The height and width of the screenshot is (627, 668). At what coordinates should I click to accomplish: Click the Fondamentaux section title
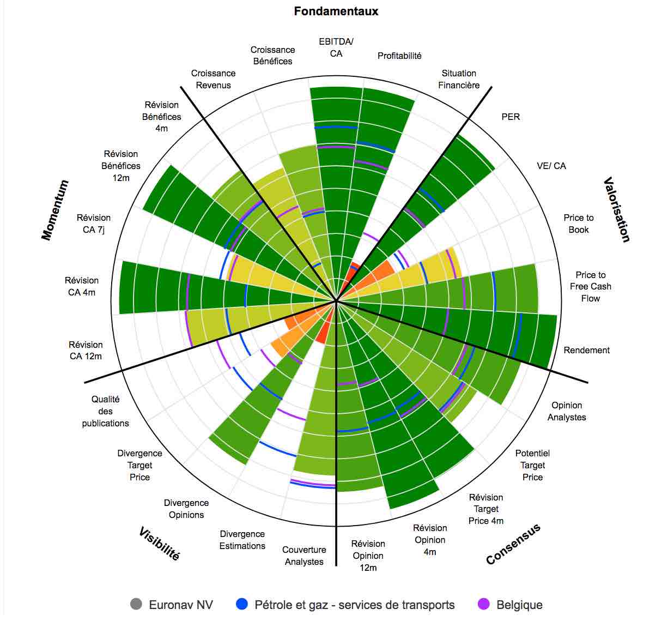(x=336, y=11)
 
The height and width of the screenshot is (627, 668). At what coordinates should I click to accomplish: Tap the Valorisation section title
(x=617, y=209)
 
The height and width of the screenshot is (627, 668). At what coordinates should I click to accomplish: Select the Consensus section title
(x=513, y=544)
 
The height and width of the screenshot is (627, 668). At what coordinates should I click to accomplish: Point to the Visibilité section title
(x=159, y=544)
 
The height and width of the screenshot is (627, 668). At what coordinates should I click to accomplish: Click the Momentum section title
(x=55, y=210)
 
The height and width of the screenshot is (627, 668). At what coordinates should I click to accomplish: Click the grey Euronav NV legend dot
(x=136, y=604)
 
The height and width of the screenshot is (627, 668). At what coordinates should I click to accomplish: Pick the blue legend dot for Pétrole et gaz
(x=242, y=604)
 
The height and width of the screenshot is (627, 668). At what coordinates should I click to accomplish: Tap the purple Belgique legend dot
(x=483, y=604)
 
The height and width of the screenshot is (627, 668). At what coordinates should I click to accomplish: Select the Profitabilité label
(x=399, y=56)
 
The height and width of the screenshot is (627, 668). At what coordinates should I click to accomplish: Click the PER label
(x=511, y=117)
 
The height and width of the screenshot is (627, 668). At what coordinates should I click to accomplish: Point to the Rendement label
(x=586, y=350)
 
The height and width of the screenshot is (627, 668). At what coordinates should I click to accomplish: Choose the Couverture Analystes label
(x=304, y=556)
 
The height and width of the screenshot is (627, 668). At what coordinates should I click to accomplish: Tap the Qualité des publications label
(x=106, y=411)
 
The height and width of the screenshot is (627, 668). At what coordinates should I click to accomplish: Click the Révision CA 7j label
(x=94, y=224)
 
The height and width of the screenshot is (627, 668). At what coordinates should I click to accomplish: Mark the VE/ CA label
(x=551, y=166)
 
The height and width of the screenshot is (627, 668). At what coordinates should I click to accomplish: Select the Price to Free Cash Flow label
(x=591, y=286)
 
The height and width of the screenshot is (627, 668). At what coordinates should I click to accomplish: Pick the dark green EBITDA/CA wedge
(x=337, y=164)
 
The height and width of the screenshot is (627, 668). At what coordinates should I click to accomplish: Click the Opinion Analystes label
(x=567, y=411)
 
